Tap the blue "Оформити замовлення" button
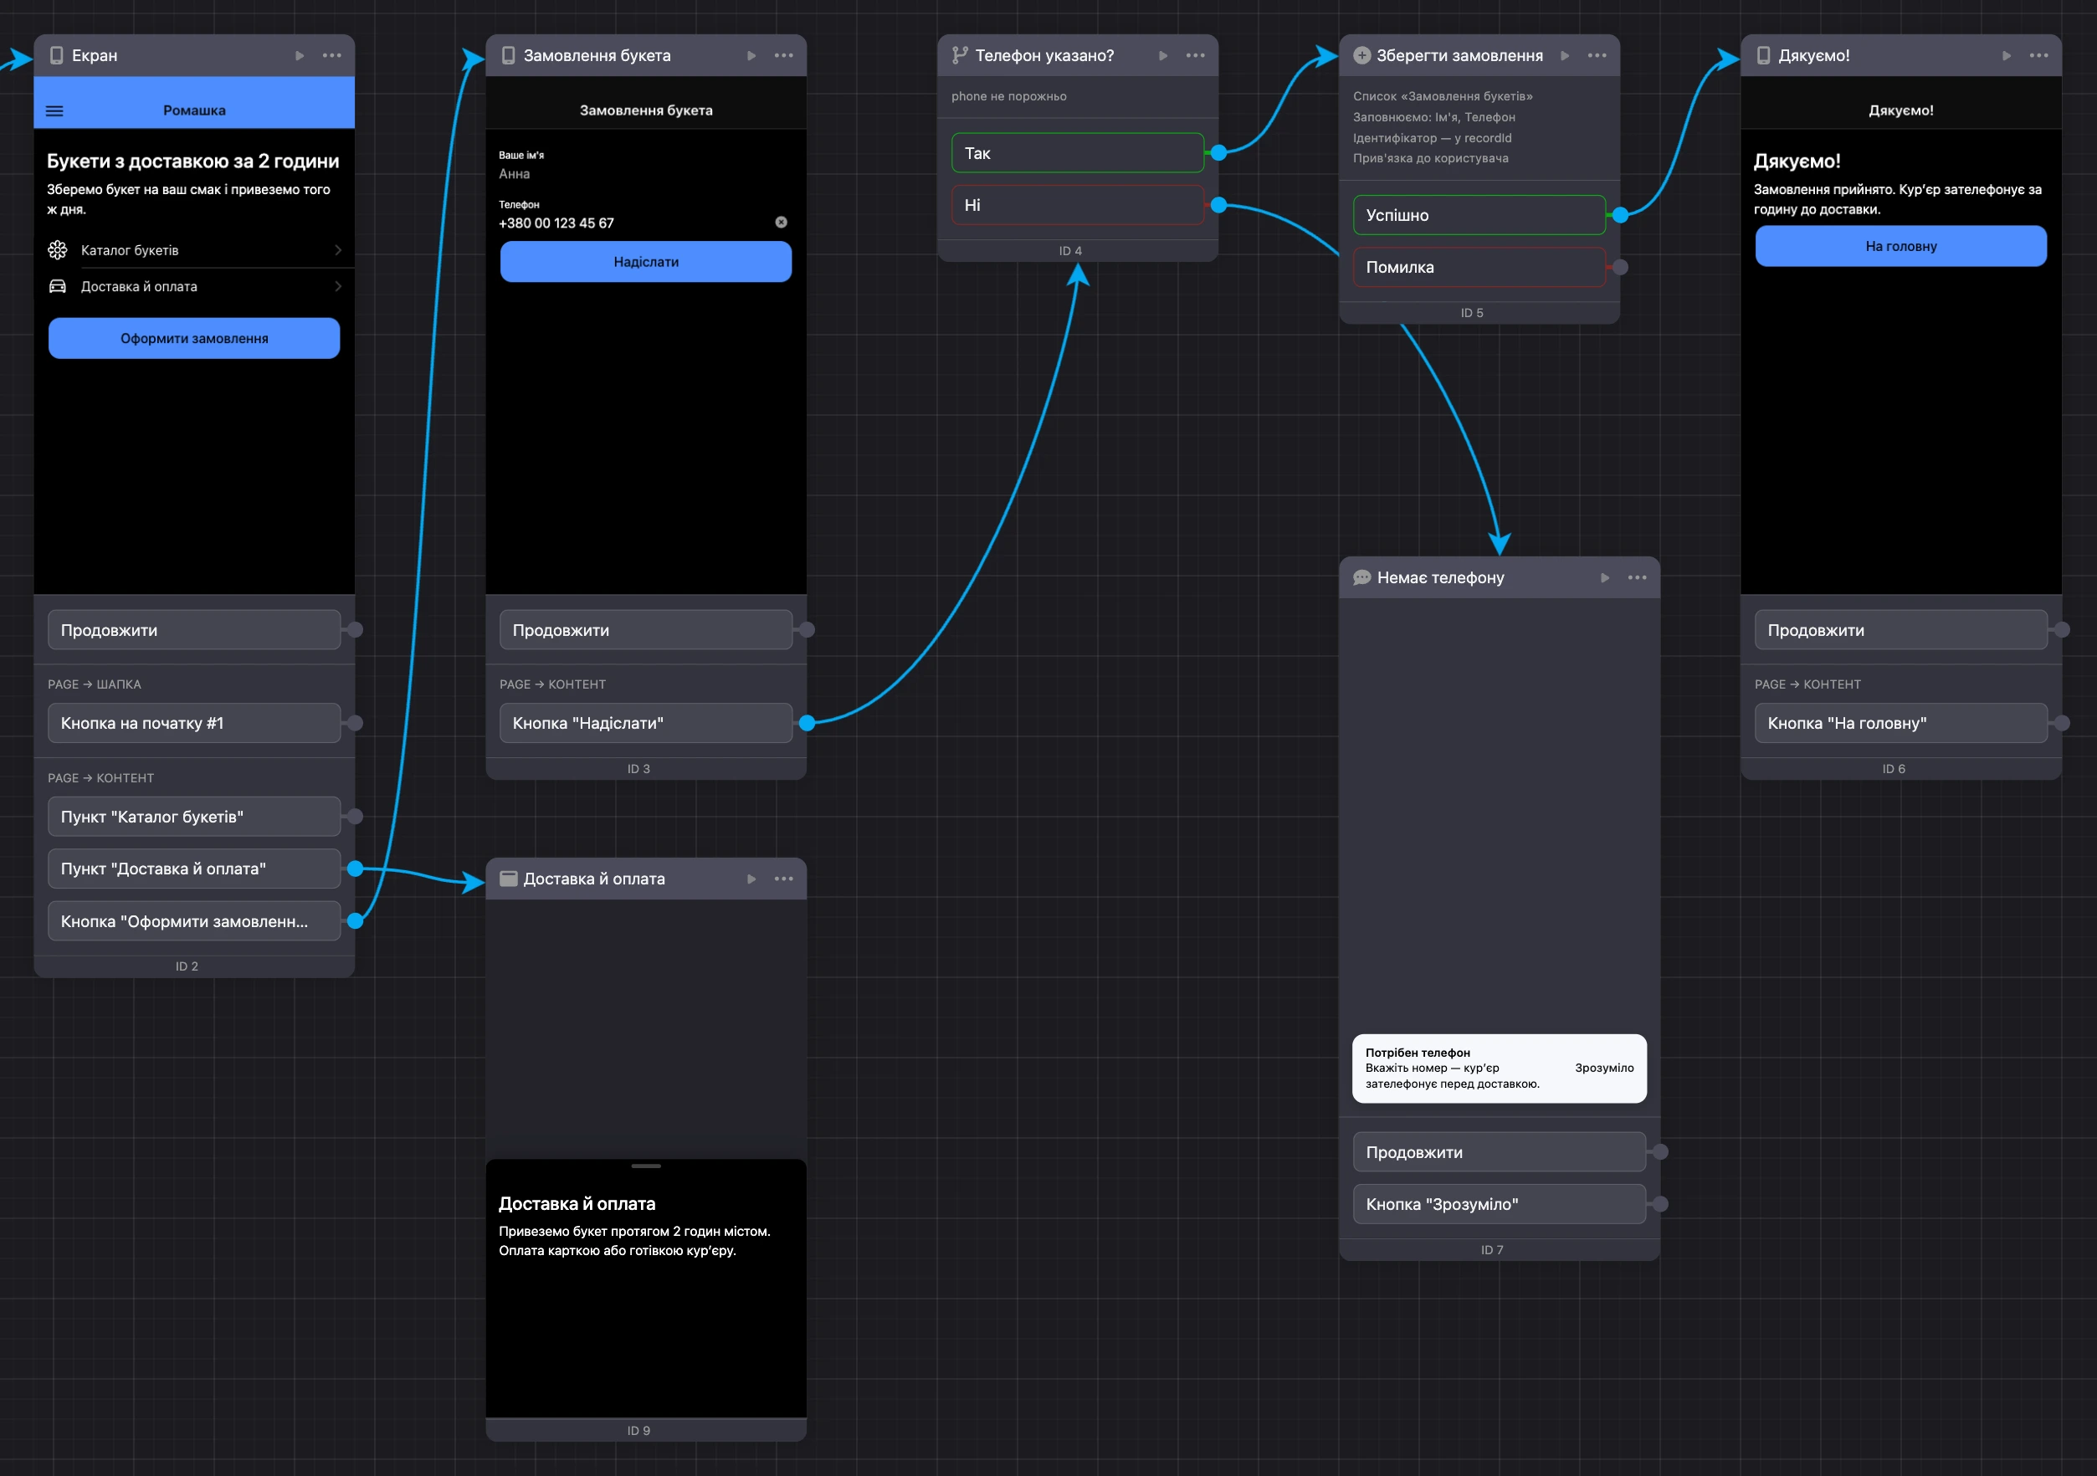point(193,338)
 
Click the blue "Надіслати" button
point(646,262)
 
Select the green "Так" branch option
point(1078,153)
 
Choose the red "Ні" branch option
point(1078,206)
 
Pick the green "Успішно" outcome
point(1479,216)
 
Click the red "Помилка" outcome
point(1479,268)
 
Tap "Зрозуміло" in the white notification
point(1604,1068)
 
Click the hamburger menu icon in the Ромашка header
point(54,111)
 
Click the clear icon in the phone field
point(781,222)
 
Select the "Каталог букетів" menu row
point(193,250)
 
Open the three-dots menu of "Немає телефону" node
point(1637,577)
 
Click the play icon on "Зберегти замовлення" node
point(1565,56)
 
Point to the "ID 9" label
point(638,1430)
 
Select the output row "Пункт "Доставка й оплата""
point(193,869)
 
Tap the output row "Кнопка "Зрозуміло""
point(1499,1204)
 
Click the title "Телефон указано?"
point(1044,56)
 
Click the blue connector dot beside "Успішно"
point(1620,216)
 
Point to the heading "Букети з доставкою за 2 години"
point(192,161)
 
